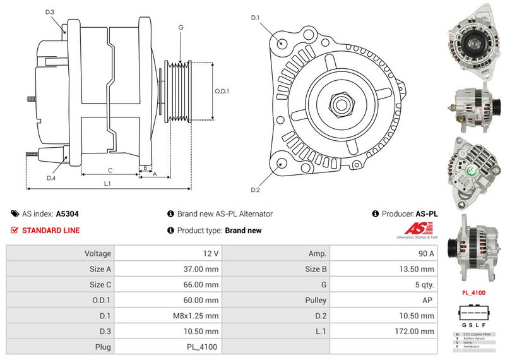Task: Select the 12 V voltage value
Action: coord(211,253)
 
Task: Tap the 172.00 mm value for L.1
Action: coord(417,331)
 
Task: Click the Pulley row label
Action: coord(316,300)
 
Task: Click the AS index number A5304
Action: coord(67,214)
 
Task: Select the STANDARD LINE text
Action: coord(50,231)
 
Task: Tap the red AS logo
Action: coord(416,229)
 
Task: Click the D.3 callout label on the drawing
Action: coord(50,12)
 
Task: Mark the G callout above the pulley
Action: coord(181,27)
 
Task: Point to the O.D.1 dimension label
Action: coord(222,91)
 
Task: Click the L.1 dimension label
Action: coord(108,183)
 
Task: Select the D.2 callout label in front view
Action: coord(255,190)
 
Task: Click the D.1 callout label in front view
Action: coord(255,18)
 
